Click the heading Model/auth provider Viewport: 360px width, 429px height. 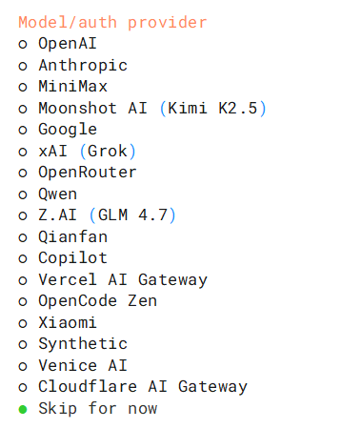click(x=112, y=23)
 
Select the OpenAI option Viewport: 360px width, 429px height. click(x=68, y=44)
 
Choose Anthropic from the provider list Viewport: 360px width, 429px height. click(x=83, y=66)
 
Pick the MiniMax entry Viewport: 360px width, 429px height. click(x=73, y=87)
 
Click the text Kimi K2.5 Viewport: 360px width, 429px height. click(x=212, y=108)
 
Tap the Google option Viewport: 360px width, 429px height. click(x=68, y=130)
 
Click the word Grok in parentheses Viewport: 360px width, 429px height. click(x=108, y=151)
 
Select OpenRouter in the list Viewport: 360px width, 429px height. click(x=88, y=173)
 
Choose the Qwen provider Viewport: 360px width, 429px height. click(x=57, y=194)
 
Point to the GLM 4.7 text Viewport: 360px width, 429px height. click(x=132, y=215)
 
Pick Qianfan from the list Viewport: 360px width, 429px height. click(x=73, y=236)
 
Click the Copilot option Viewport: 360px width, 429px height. click(x=72, y=258)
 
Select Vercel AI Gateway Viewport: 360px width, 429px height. click(x=123, y=280)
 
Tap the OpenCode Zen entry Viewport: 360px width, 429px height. click(x=97, y=301)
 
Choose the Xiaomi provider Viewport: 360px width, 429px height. click(x=68, y=322)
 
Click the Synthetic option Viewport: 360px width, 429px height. click(x=83, y=344)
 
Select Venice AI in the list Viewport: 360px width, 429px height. click(x=83, y=365)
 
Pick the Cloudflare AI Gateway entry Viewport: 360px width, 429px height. click(x=143, y=387)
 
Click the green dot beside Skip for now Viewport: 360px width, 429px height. click(x=23, y=409)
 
